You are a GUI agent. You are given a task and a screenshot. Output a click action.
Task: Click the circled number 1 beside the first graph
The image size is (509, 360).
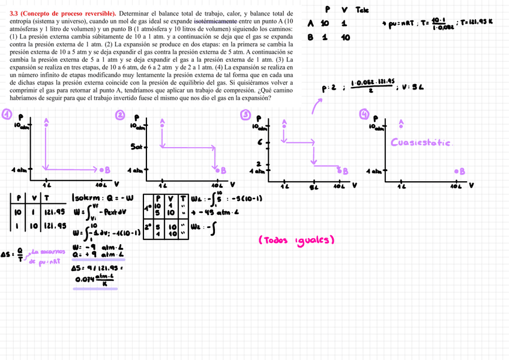click(7, 113)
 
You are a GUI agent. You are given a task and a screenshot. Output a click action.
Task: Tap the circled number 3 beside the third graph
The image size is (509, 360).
click(245, 114)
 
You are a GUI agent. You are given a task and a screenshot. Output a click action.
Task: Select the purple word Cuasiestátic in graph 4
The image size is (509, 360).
click(421, 142)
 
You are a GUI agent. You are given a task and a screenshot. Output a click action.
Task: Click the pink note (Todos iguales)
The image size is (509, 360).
click(296, 240)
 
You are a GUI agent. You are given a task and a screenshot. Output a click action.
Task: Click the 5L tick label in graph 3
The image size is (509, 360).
click(313, 185)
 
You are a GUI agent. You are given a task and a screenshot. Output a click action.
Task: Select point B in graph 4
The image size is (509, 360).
click(462, 171)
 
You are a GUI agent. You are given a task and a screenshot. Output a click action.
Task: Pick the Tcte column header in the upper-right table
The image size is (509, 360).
click(362, 10)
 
